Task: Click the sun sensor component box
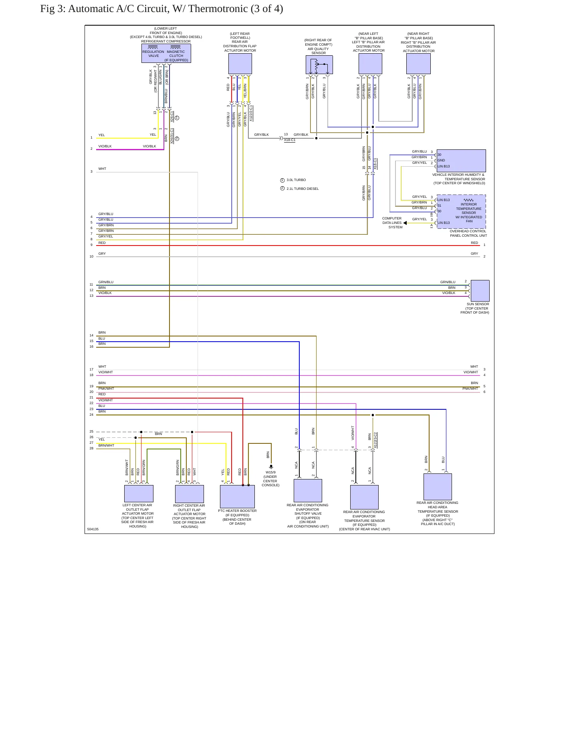click(x=480, y=291)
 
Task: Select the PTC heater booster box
click(x=237, y=497)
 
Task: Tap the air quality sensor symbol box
click(x=319, y=64)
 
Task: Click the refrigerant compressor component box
click(x=166, y=53)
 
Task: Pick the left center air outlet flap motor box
click(x=139, y=494)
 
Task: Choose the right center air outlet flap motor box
click(x=190, y=494)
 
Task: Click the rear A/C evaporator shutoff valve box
click(x=308, y=491)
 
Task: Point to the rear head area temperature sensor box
click(x=438, y=487)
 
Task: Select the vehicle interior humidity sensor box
click(x=461, y=161)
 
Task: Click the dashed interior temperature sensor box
click(x=461, y=211)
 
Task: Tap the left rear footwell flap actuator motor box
click(x=240, y=64)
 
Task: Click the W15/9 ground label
click(x=270, y=472)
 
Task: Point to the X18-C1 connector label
click(x=290, y=140)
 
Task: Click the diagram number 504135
click(x=93, y=529)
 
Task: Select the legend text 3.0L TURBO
click(x=296, y=180)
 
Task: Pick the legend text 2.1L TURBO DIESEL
click(x=303, y=189)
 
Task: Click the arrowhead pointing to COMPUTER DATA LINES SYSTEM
click(x=405, y=223)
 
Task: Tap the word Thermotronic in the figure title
click(x=218, y=9)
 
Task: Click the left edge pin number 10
click(x=91, y=256)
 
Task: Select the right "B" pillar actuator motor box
click(x=418, y=64)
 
